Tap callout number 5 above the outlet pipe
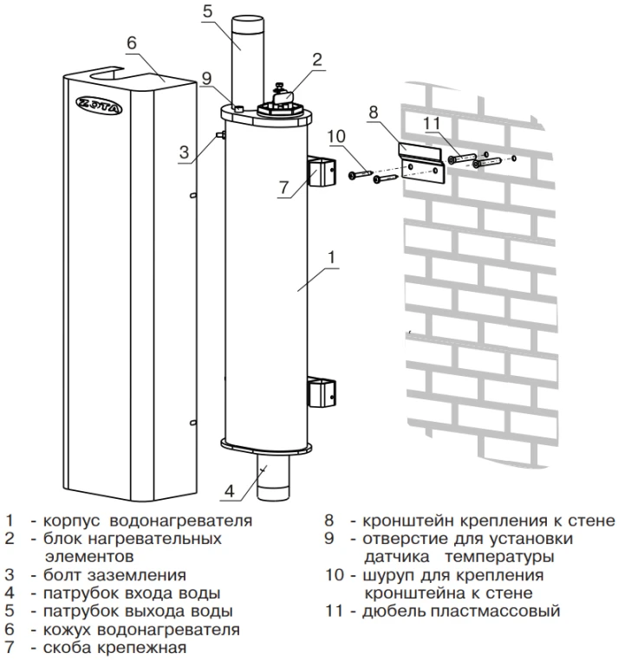[207, 12]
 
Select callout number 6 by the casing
[132, 42]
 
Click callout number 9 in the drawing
[205, 78]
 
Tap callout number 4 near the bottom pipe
[228, 491]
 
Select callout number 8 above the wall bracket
[374, 112]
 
